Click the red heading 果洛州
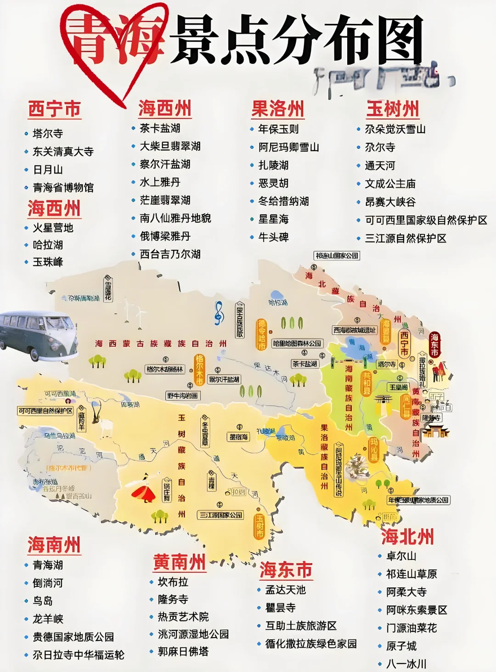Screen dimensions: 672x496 [x=278, y=109]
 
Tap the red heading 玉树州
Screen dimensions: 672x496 [x=393, y=109]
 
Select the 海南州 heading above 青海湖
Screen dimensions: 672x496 [x=54, y=545]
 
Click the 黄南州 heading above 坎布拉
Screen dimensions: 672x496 [x=180, y=562]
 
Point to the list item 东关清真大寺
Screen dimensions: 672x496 [x=63, y=152]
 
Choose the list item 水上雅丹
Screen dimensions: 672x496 [x=160, y=182]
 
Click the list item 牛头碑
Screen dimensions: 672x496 [x=273, y=237]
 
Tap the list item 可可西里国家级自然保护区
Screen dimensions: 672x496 [x=426, y=220]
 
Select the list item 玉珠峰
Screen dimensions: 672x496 [x=48, y=262]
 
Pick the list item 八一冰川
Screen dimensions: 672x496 [x=406, y=664]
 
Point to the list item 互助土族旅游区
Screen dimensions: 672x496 [x=301, y=626]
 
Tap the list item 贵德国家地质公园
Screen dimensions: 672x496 [x=73, y=637]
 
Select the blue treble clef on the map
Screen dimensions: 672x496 [x=219, y=313]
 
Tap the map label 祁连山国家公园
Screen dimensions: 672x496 [x=337, y=256]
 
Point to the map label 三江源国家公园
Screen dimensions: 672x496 [x=220, y=515]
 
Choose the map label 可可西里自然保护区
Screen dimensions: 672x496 [x=45, y=411]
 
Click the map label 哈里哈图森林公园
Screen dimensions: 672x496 [x=297, y=344]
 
